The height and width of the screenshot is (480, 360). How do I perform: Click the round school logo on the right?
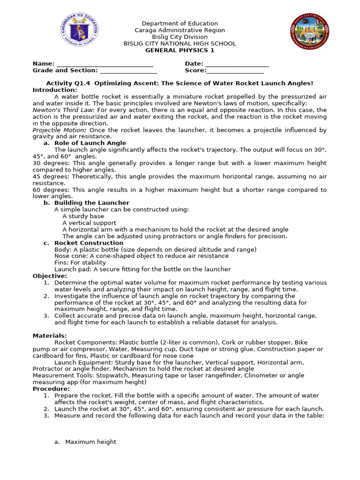[310, 32]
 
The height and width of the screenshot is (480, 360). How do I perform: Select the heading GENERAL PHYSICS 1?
[180, 50]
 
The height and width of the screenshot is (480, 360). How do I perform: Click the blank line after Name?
[104, 64]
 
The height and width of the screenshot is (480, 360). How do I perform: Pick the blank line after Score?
[235, 71]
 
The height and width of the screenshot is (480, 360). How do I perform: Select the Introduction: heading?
[55, 90]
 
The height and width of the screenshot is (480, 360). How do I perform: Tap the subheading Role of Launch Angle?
[90, 143]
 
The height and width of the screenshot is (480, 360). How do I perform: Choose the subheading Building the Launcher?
[92, 203]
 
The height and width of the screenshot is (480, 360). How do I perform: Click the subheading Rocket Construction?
[89, 243]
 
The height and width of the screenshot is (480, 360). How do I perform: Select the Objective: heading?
[50, 276]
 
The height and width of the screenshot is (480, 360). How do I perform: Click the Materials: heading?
[50, 336]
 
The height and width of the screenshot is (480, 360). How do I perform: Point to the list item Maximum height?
[90, 442]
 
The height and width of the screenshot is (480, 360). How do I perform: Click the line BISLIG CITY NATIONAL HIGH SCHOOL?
[180, 44]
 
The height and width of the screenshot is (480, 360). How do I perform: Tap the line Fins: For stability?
[80, 262]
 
